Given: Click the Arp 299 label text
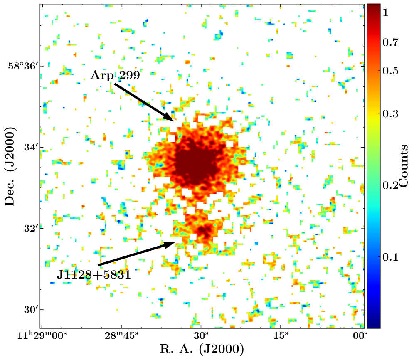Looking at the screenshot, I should point(115,75).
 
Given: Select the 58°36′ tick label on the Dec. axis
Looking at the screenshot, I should point(23,66).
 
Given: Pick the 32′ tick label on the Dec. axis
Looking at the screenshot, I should point(30,229).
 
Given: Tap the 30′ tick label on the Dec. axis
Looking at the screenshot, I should point(30,310).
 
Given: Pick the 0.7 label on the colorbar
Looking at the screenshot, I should point(390,42).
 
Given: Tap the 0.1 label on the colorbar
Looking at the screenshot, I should point(390,257).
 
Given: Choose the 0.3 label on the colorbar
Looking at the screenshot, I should point(390,113).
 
